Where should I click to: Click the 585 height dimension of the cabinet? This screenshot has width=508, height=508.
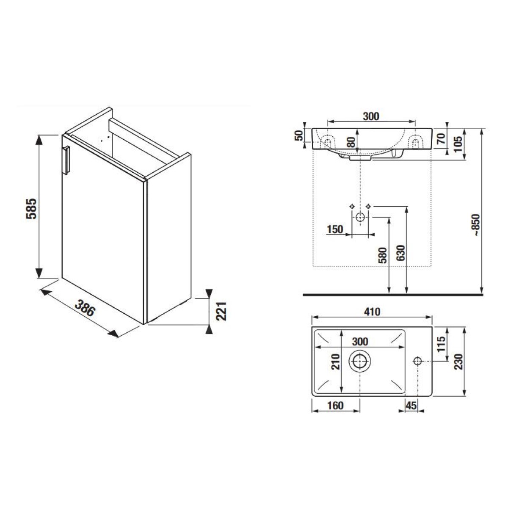(x=31, y=209)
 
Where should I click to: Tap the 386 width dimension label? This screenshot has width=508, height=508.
(x=84, y=308)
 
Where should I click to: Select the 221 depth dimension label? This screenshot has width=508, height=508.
(x=221, y=311)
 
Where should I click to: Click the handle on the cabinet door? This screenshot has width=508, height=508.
(x=66, y=160)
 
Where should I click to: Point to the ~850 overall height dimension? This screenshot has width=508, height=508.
(x=477, y=225)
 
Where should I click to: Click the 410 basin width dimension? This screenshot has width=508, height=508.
(x=372, y=312)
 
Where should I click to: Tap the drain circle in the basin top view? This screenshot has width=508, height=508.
(x=359, y=361)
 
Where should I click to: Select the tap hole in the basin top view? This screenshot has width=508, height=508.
(x=417, y=361)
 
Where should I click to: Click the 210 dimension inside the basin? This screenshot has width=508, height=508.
(x=336, y=362)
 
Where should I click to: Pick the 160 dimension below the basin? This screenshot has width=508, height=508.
(x=336, y=406)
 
